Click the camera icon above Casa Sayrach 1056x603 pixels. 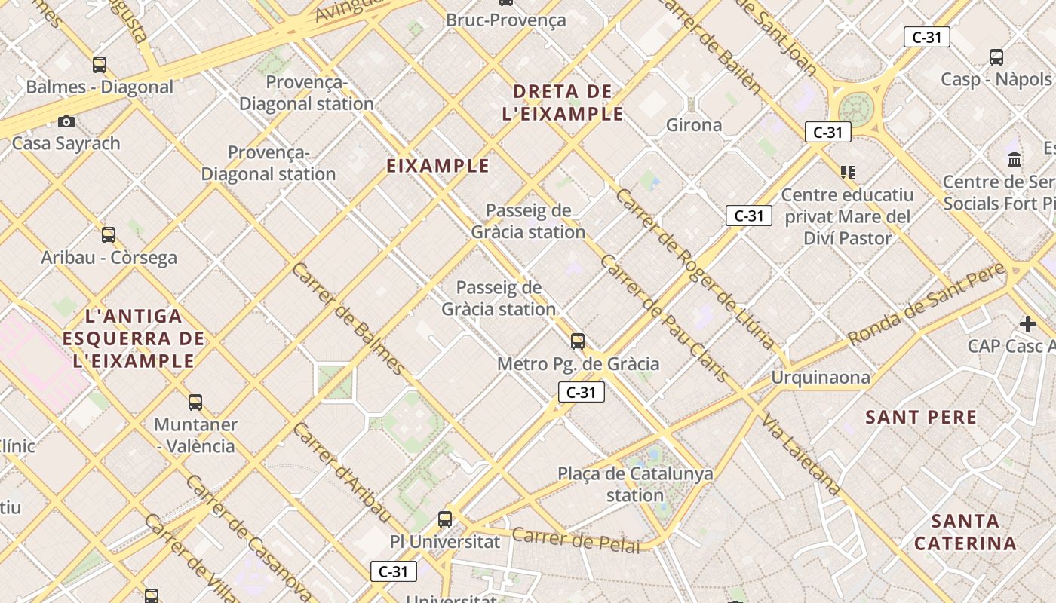(x=66, y=121)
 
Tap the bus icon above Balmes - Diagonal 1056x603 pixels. (x=100, y=65)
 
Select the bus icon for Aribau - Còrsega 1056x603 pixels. (x=109, y=235)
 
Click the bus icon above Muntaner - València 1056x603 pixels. (x=195, y=403)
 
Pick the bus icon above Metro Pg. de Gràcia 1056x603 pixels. (x=578, y=341)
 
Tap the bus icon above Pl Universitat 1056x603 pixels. (x=445, y=519)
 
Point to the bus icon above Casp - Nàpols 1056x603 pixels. (x=996, y=57)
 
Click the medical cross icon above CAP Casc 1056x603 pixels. (x=1027, y=324)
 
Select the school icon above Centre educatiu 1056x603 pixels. (x=848, y=173)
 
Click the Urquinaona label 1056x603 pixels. (x=821, y=377)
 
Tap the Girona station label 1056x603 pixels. (x=694, y=125)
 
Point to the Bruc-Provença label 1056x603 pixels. (x=505, y=20)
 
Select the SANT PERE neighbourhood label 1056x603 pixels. (x=921, y=417)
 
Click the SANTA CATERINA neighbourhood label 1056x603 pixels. (x=965, y=531)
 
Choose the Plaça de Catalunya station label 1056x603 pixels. (x=635, y=484)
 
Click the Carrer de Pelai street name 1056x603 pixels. (x=576, y=540)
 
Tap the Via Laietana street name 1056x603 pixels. (x=801, y=454)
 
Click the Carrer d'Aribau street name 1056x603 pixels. (x=342, y=473)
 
